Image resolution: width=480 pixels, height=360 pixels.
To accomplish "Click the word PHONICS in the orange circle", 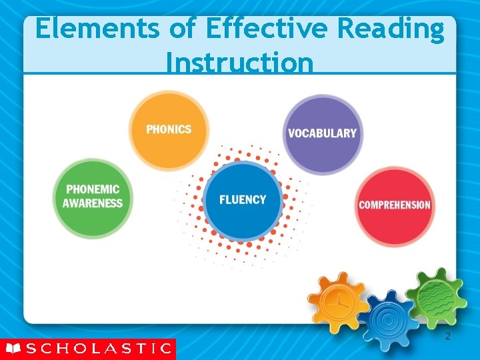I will click(x=169, y=129).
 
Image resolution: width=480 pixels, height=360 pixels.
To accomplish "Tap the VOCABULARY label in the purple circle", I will click(x=322, y=133).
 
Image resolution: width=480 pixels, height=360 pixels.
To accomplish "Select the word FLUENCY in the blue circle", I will click(x=243, y=199).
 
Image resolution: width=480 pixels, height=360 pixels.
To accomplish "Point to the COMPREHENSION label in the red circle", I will click(x=395, y=205).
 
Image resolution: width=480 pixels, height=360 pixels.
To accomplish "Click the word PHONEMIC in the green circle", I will click(x=93, y=189).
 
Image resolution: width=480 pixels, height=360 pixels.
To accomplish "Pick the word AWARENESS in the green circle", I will click(x=93, y=203).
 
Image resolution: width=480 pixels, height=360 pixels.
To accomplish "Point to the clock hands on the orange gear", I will click(x=341, y=302).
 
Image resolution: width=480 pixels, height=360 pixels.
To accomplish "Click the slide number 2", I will click(x=447, y=337).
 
